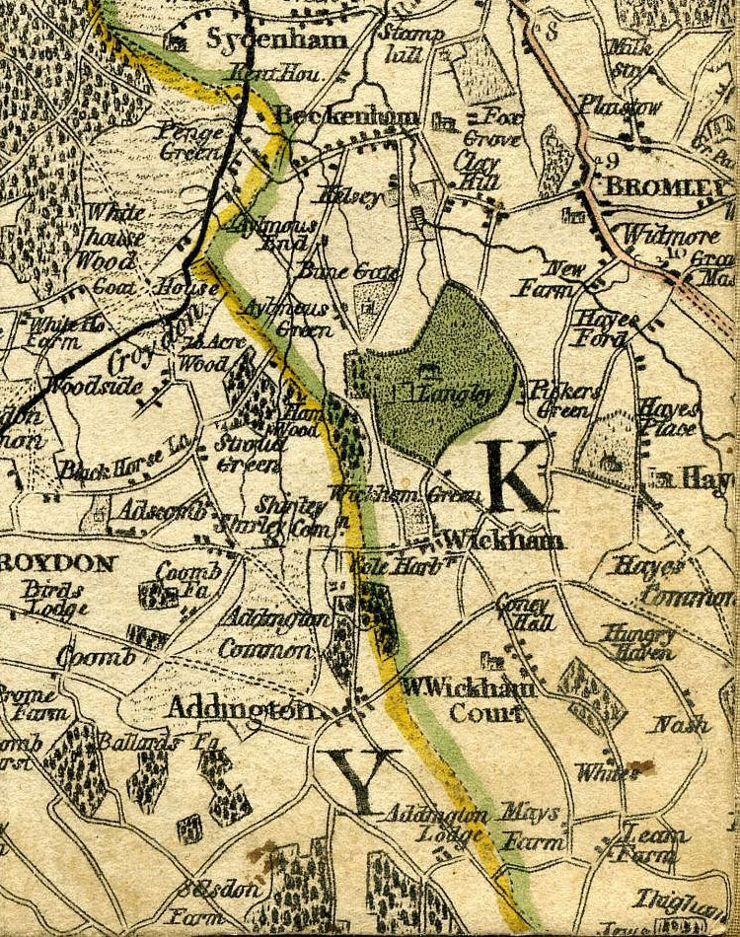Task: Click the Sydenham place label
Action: tap(276, 40)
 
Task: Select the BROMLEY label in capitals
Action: tap(667, 185)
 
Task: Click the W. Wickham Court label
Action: tap(467, 699)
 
